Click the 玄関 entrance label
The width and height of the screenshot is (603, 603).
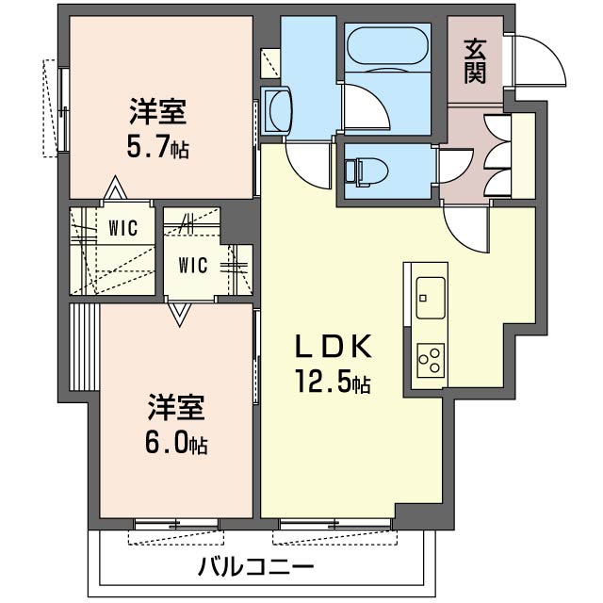[475, 60]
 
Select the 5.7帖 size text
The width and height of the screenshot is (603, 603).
[157, 148]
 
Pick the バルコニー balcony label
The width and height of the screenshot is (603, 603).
[255, 568]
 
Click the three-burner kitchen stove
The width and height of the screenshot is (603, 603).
[430, 358]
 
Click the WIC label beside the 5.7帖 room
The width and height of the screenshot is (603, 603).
[123, 227]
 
